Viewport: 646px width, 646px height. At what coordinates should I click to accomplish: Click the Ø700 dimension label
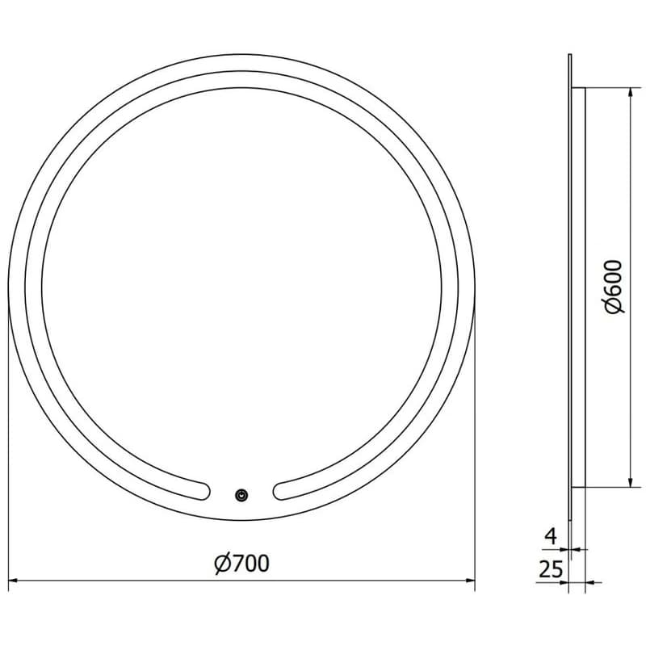[242, 563]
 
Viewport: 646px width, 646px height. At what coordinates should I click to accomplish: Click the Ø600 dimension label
[614, 287]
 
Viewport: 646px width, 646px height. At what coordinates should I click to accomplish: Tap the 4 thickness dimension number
[551, 536]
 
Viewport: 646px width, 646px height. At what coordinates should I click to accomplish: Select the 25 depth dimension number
[551, 570]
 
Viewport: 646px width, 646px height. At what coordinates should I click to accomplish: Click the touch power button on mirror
[241, 495]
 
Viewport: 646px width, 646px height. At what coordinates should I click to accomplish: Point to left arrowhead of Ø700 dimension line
[12, 581]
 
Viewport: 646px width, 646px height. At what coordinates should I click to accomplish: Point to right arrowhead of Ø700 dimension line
[471, 581]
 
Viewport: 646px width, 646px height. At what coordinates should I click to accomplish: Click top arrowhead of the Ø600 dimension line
[630, 92]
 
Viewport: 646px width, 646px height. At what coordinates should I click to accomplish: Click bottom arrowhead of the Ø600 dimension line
[630, 482]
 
